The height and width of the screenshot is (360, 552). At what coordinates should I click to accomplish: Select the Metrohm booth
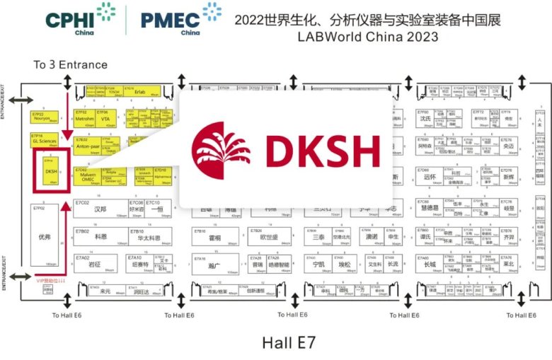(85, 118)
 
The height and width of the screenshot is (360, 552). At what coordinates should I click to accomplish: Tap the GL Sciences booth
(45, 140)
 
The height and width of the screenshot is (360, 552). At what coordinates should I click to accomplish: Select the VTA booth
(105, 118)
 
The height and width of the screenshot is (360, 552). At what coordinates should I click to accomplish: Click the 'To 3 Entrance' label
(71, 65)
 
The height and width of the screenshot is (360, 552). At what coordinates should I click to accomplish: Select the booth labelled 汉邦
(100, 209)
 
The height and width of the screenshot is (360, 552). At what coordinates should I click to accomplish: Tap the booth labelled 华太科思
(146, 236)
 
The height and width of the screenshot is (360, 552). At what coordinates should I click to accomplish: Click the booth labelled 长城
(430, 265)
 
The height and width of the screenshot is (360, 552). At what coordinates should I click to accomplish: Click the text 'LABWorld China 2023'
(367, 37)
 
